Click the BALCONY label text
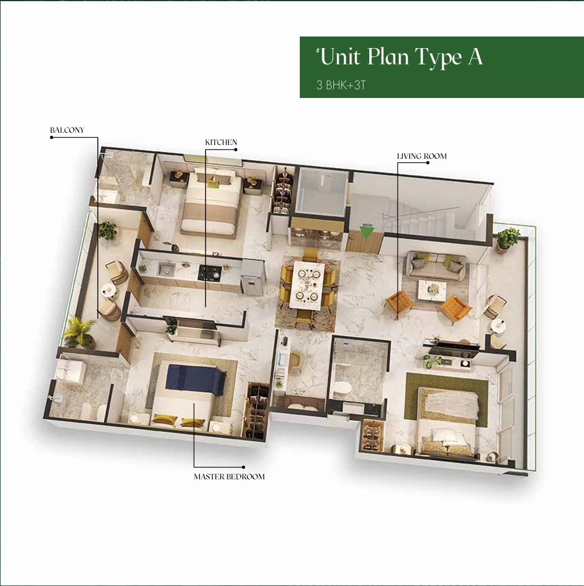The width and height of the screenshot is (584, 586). click(x=67, y=130)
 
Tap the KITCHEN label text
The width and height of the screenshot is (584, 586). click(x=221, y=142)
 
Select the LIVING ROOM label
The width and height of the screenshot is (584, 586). click(x=421, y=156)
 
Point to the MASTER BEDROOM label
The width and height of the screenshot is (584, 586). click(x=229, y=476)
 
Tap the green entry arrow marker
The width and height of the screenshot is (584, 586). click(x=366, y=232)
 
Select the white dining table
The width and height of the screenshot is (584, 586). click(x=307, y=284)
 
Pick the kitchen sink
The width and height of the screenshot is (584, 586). click(x=166, y=268)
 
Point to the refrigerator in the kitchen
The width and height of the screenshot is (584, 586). click(x=252, y=278)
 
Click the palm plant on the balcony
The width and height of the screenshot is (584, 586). click(x=79, y=332)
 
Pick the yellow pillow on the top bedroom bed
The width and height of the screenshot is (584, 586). click(x=214, y=183)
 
